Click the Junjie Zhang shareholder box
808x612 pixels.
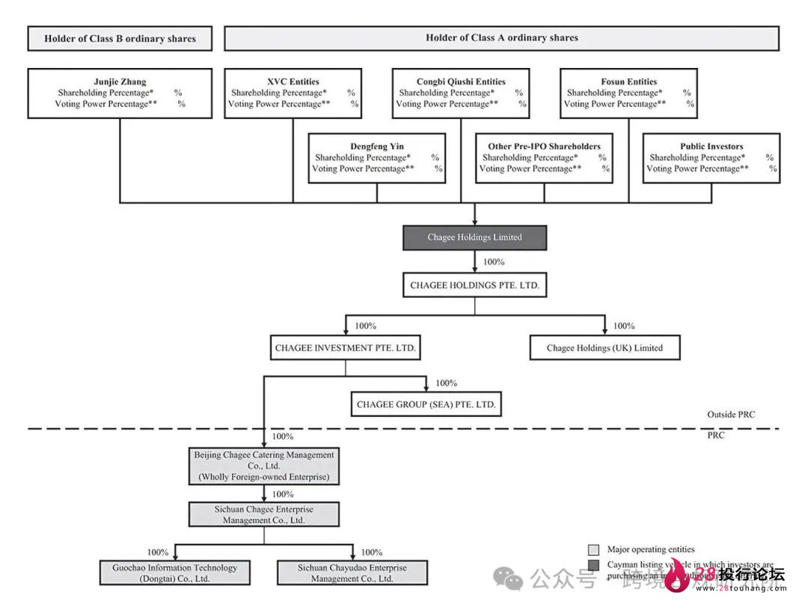120,94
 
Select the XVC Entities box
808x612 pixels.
293,94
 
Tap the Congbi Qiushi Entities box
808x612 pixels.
461,94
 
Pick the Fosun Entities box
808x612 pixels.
628,94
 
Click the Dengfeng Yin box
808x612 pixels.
376,158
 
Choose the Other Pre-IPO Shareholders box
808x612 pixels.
544,158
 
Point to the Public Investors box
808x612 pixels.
711,158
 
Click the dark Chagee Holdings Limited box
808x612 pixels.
474,237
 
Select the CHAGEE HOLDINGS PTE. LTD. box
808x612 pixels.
474,285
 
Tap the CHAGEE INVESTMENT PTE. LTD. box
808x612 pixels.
345,348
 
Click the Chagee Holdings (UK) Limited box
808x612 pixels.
605,348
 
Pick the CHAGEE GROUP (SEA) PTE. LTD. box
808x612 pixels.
426,405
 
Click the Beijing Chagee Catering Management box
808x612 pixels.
264,465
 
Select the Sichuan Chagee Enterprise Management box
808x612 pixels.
264,515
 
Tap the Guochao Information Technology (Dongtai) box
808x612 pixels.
175,573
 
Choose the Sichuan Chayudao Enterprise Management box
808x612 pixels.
352,573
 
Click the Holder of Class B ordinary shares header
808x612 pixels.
120,39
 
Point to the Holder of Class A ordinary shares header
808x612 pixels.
501,38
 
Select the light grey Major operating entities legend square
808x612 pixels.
594,550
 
